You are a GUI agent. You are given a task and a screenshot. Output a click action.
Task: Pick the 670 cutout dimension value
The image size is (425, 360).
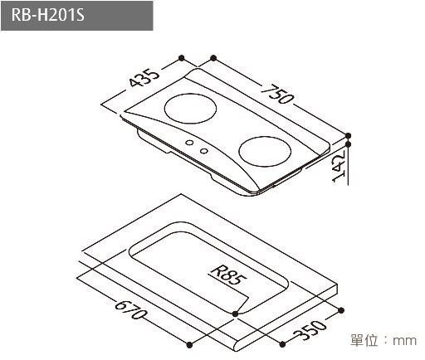click(131, 313)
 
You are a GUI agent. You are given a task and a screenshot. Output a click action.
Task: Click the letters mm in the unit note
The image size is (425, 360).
click(404, 340)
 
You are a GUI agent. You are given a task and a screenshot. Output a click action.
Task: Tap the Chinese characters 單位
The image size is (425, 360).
click(364, 340)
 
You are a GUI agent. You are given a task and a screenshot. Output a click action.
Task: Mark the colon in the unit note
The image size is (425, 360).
click(386, 340)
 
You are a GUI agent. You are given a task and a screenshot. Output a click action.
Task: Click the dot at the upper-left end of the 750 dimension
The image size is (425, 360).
click(214, 58)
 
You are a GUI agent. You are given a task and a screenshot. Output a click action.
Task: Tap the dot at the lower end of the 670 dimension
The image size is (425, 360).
click(190, 343)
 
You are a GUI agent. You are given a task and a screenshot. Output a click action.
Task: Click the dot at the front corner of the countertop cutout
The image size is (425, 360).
click(237, 313)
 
